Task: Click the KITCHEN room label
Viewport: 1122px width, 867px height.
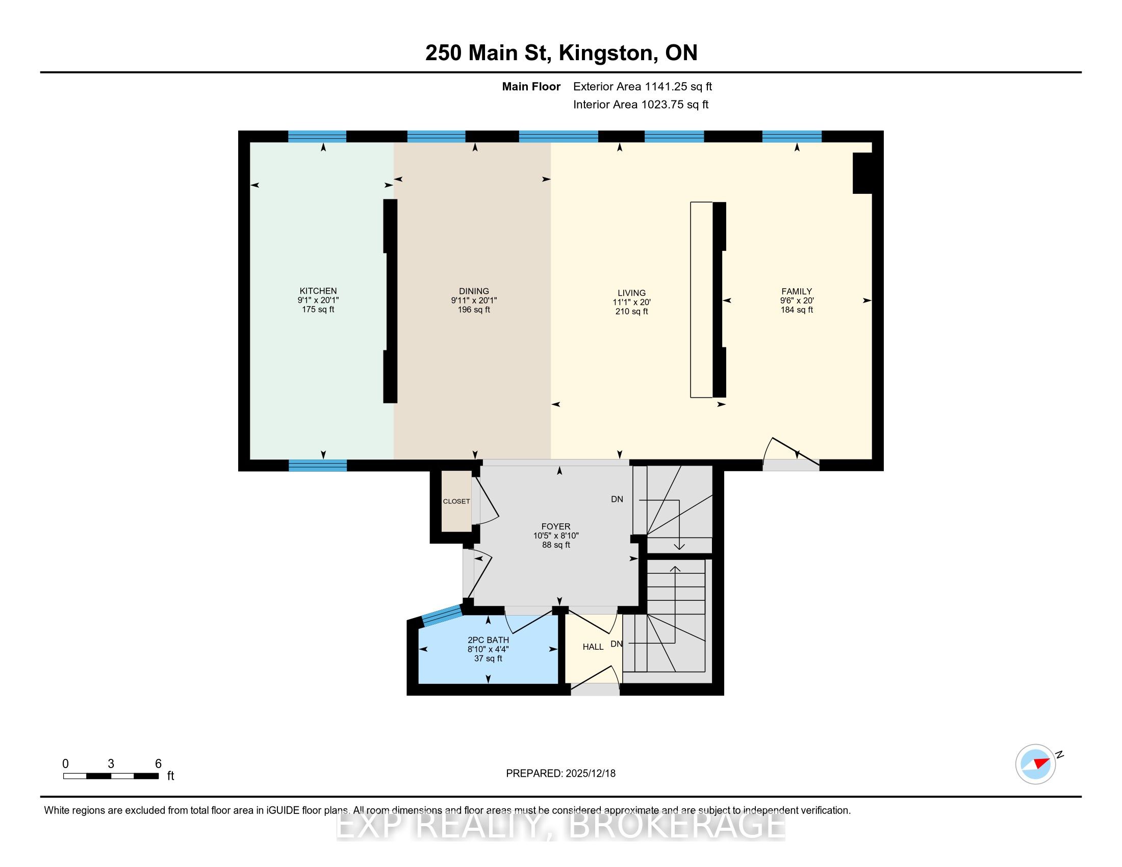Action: pyautogui.click(x=318, y=291)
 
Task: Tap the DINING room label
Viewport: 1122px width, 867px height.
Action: pyautogui.click(x=474, y=291)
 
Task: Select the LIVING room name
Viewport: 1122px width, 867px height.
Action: pyautogui.click(x=631, y=293)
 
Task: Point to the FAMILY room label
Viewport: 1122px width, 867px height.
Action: pyautogui.click(x=797, y=291)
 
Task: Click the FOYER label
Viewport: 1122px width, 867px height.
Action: pyautogui.click(x=556, y=526)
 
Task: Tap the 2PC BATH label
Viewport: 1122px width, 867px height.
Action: pyautogui.click(x=488, y=640)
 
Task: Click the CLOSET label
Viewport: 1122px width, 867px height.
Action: pyautogui.click(x=456, y=501)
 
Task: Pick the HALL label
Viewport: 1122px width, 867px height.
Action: pyautogui.click(x=593, y=647)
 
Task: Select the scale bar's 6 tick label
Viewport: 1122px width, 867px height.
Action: pyautogui.click(x=158, y=764)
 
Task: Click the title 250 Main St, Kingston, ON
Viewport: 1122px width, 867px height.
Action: pyautogui.click(x=562, y=53)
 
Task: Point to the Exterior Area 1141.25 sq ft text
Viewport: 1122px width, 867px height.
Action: pyautogui.click(x=643, y=86)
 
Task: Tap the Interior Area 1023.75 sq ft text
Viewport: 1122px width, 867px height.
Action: pyautogui.click(x=641, y=104)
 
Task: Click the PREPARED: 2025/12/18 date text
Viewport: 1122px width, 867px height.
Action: pyautogui.click(x=560, y=773)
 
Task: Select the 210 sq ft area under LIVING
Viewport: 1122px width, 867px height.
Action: pyautogui.click(x=631, y=311)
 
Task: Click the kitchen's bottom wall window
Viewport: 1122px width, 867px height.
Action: pyautogui.click(x=318, y=465)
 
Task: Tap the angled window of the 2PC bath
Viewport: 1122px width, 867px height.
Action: pyautogui.click(x=441, y=616)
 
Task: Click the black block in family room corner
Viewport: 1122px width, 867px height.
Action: pyautogui.click(x=863, y=173)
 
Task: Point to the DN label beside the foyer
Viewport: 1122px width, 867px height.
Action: pyautogui.click(x=617, y=499)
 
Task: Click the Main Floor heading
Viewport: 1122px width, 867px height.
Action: pyautogui.click(x=531, y=86)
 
